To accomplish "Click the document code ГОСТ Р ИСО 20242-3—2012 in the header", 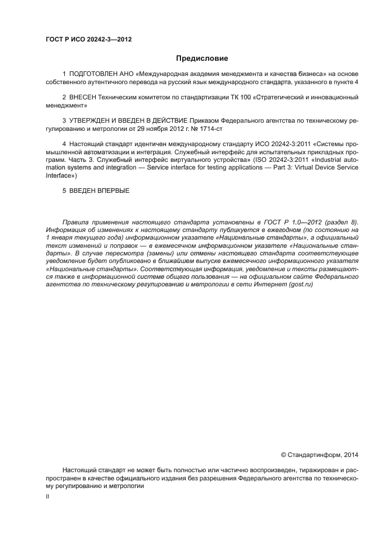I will pos(88,40).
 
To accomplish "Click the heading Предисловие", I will pos(201,58).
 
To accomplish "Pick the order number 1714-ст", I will pos(208,127).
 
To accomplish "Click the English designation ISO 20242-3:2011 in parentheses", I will pos(277,159).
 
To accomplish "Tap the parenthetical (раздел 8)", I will pos(342,222).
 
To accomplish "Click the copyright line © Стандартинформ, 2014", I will pos(319,454).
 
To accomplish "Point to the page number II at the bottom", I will pos(47,496).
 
